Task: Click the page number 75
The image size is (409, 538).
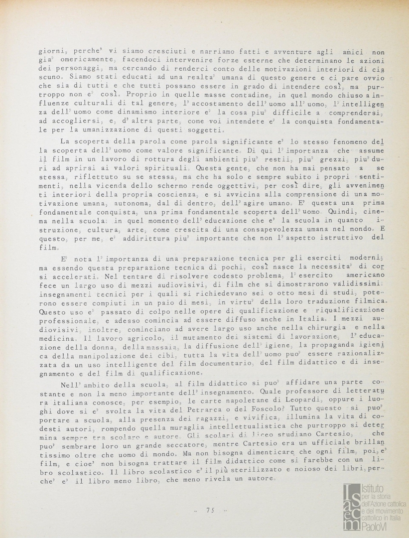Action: click(210, 510)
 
